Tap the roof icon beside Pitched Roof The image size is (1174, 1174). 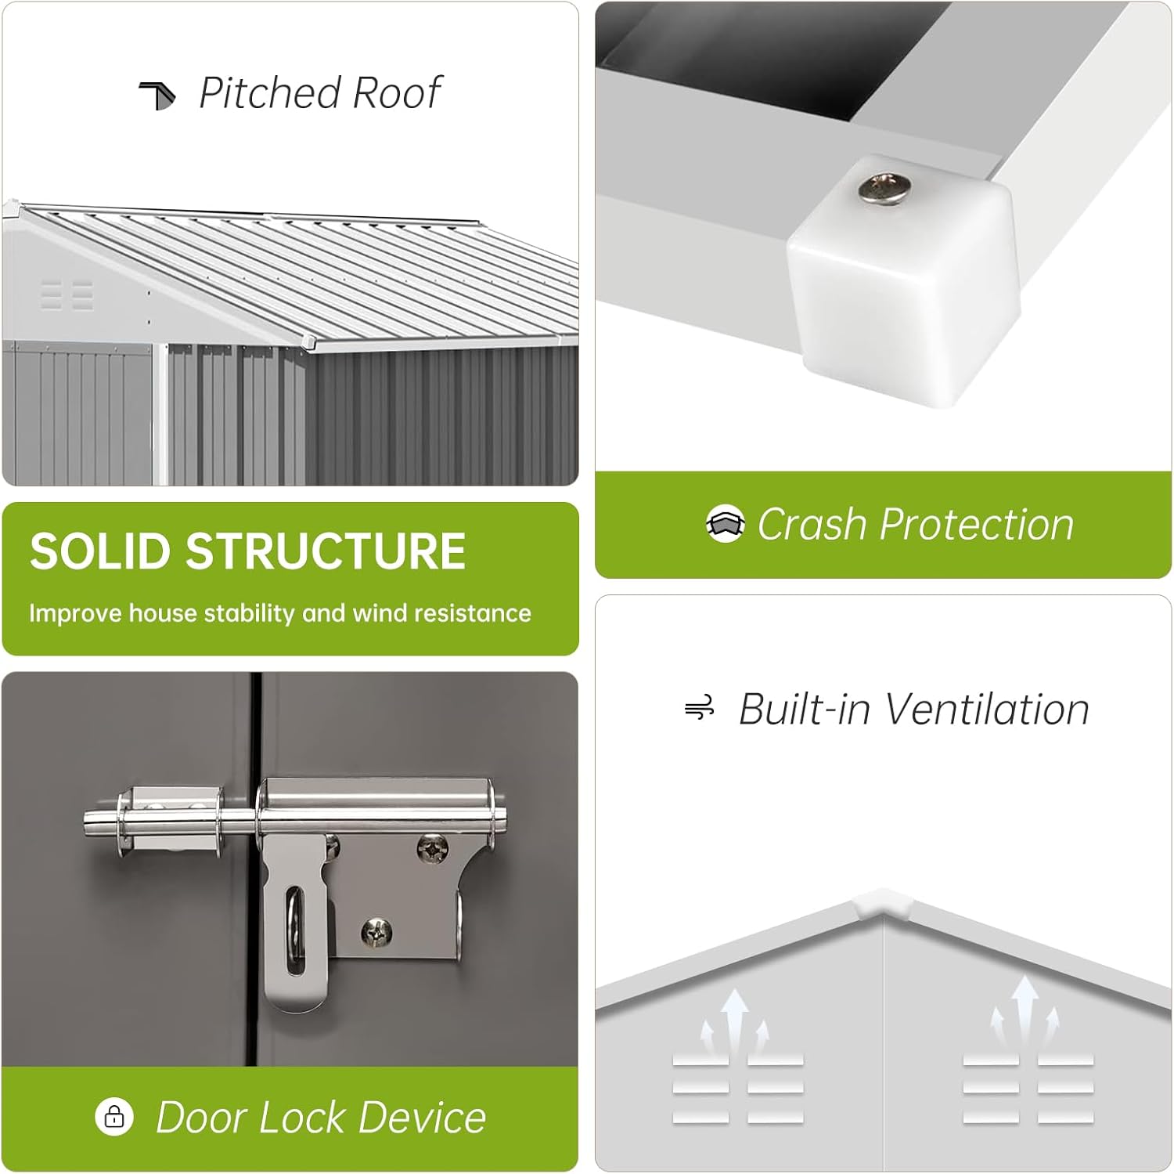click(157, 95)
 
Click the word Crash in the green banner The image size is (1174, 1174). click(814, 524)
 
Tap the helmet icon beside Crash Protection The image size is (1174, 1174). click(725, 523)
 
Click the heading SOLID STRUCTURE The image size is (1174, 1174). click(247, 551)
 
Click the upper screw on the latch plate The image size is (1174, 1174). click(432, 847)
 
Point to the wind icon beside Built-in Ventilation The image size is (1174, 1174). click(700, 708)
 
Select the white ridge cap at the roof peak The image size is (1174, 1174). click(884, 903)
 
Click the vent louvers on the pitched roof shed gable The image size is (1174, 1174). click(67, 294)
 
